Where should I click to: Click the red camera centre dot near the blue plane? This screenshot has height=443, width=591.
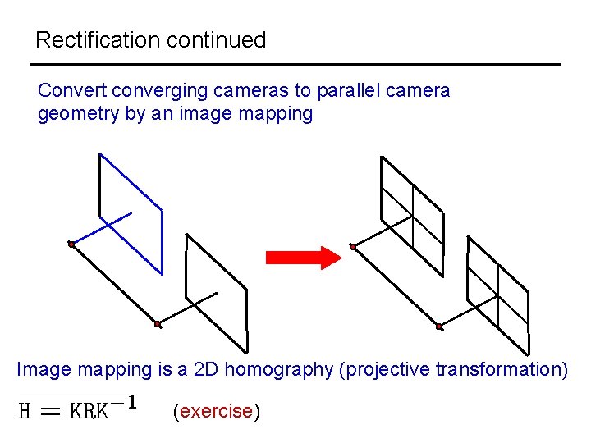(x=72, y=244)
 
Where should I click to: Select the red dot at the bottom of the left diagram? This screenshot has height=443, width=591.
(x=158, y=324)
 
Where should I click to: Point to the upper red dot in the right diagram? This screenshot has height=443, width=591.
(x=353, y=246)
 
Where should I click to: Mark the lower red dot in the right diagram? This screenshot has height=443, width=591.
(x=439, y=327)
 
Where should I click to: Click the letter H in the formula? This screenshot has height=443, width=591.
(x=25, y=410)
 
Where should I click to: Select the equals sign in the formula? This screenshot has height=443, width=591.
(x=50, y=411)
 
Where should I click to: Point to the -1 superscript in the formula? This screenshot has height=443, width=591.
(x=125, y=403)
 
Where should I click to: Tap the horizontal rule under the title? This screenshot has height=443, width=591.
(x=295, y=64)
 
